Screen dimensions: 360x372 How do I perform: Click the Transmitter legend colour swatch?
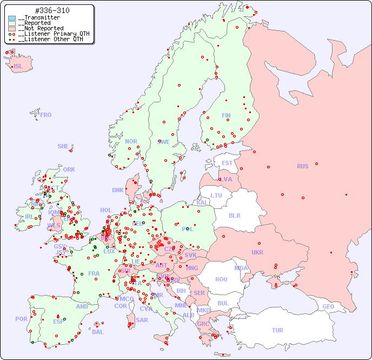[12, 18]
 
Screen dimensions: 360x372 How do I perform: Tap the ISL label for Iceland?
[18, 67]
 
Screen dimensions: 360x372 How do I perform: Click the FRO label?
[46, 115]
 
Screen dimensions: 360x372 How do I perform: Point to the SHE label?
[63, 146]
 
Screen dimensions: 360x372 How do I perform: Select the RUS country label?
[303, 166]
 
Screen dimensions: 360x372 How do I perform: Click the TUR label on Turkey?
[277, 330]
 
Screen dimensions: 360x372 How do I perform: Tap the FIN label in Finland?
[226, 115]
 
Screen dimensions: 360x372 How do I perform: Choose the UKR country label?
[257, 252]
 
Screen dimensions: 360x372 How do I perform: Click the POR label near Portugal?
[21, 319]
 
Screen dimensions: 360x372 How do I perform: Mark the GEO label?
[328, 306]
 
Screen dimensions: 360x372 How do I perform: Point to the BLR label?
[234, 215]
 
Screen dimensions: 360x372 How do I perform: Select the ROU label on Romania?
[221, 279]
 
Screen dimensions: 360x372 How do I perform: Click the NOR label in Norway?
[131, 141]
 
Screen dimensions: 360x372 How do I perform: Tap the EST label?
[227, 163]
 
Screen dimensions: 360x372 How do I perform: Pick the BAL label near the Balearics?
[97, 332]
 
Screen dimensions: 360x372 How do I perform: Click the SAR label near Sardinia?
[142, 320]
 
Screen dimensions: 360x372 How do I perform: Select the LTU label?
[216, 195]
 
